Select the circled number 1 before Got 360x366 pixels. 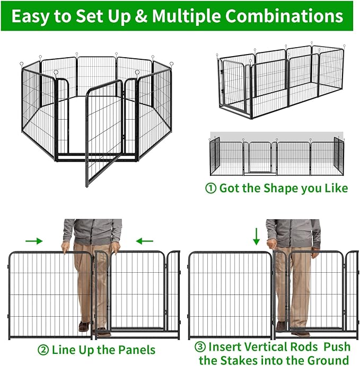pos(211,189)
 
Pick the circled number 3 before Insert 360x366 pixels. pos(200,347)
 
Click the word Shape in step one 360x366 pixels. pos(283,189)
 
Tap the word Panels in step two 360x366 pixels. pos(136,350)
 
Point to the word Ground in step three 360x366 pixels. pos(327,360)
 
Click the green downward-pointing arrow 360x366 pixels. pos(257,236)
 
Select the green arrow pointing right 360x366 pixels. pos(33,241)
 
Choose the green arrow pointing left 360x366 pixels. pos(144,241)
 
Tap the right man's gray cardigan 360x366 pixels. pos(293,232)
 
